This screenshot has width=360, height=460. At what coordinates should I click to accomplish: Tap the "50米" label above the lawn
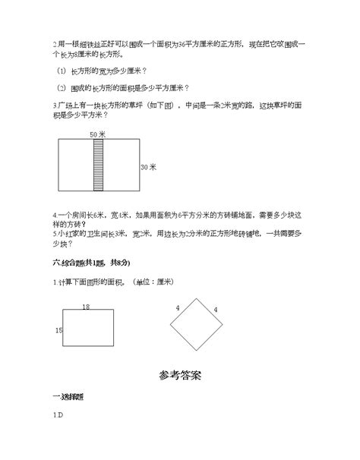[96, 134]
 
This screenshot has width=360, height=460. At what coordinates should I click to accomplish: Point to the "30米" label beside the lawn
[149, 167]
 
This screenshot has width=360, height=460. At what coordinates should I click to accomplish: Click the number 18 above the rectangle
[85, 306]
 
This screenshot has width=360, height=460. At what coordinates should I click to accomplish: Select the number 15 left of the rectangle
[58, 330]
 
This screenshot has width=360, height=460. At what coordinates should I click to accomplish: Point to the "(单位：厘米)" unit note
[153, 282]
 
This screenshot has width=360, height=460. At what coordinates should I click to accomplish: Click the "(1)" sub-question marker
[62, 71]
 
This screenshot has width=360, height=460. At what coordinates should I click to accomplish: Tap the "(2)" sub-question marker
[62, 88]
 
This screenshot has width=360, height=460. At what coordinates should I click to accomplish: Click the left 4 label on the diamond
[177, 308]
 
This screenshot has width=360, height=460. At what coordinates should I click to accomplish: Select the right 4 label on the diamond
[215, 310]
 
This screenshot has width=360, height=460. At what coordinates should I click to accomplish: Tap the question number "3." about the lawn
[55, 105]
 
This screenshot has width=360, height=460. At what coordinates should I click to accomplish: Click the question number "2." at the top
[55, 44]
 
